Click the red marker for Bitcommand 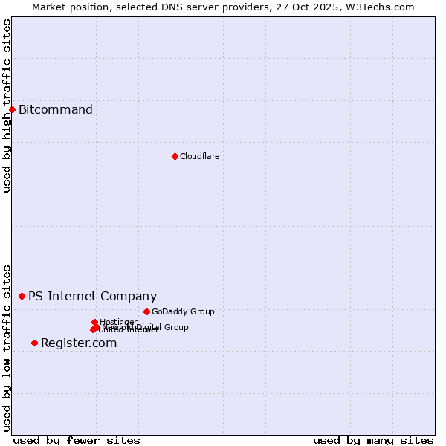12,110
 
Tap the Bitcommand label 56,110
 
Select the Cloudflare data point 175,156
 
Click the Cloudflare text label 199,156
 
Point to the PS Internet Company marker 22,296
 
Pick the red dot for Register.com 34,343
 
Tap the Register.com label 79,343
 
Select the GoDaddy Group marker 146,311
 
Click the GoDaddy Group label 183,311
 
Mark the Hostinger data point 94,322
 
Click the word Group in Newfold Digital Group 176,327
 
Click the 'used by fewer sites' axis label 77,440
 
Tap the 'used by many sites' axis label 373,440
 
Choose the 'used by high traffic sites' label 7,106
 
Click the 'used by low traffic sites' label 7,347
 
